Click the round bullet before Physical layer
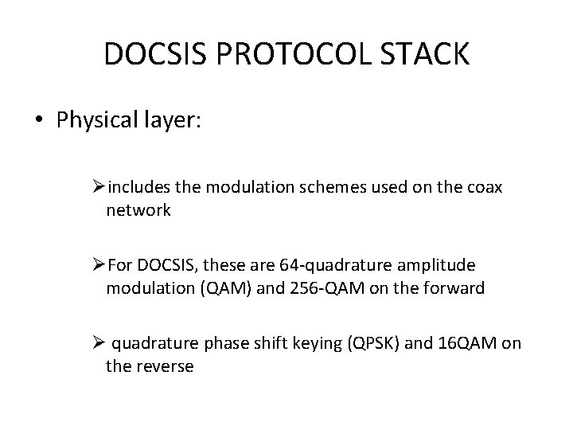38,120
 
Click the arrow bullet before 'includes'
99,188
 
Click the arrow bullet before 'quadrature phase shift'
99,345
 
